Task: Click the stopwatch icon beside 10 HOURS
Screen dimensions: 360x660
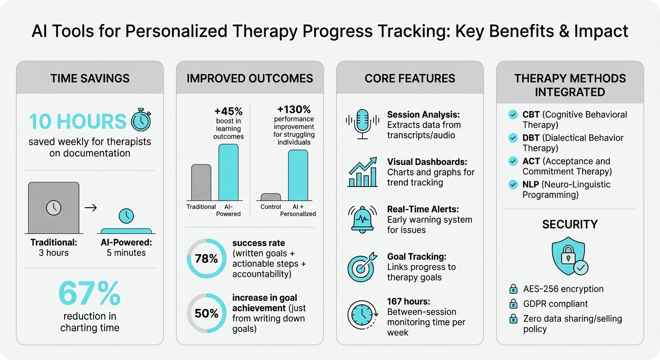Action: click(141, 120)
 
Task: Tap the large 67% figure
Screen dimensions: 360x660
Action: click(90, 294)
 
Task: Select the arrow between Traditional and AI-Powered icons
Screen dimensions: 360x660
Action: click(90, 208)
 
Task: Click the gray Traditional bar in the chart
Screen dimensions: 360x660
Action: click(201, 182)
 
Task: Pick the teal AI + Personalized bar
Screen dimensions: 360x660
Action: click(298, 175)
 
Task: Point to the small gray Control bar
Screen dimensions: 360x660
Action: click(270, 197)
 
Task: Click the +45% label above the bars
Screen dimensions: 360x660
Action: click(228, 112)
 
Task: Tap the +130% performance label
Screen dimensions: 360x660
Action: click(294, 110)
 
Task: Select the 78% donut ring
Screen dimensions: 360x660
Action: click(206, 259)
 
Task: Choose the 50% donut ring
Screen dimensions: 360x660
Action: click(206, 313)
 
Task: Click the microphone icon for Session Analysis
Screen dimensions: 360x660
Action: click(362, 125)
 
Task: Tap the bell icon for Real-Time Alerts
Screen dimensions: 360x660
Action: click(362, 219)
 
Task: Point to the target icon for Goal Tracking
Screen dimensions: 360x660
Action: click(362, 266)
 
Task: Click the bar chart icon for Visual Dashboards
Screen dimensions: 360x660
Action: click(362, 172)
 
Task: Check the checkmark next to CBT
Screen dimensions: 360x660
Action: click(513, 114)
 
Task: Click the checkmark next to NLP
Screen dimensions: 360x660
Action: click(513, 185)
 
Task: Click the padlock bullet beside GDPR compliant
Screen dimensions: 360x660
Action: click(513, 304)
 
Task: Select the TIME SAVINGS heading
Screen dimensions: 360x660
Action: click(90, 78)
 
